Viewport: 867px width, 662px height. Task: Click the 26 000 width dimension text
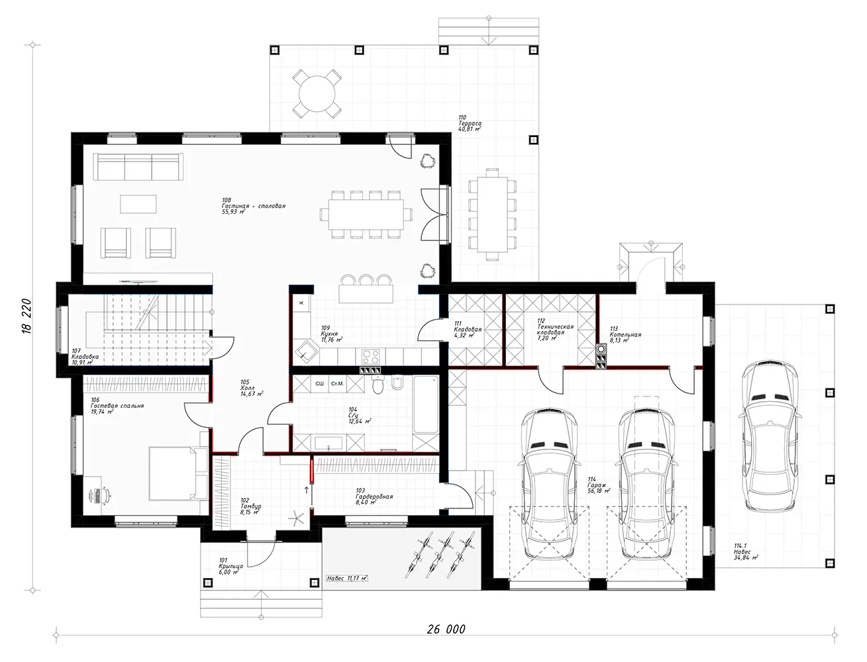pos(442,629)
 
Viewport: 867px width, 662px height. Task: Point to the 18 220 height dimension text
pos(26,320)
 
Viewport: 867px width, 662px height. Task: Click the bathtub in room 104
pos(424,405)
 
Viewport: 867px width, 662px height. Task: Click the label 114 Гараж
pos(595,485)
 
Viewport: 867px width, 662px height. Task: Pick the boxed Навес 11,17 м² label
pos(347,577)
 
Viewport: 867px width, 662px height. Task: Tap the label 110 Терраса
pos(469,124)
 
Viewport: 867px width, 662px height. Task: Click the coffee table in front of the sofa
pos(138,203)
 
